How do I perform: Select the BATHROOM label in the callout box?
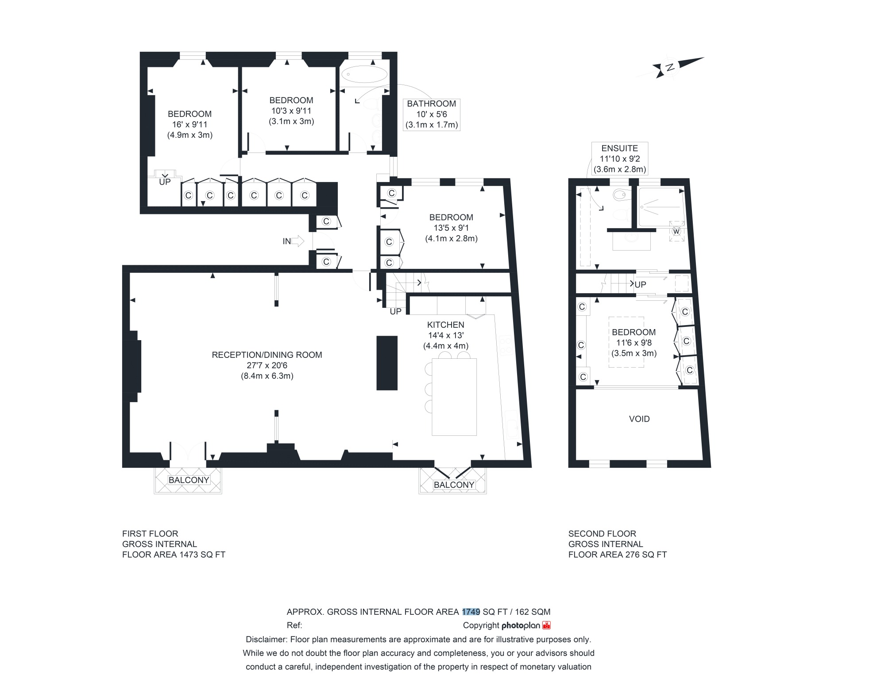(432, 104)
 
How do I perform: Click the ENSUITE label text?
(619, 148)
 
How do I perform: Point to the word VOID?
(639, 419)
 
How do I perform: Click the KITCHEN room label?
(446, 325)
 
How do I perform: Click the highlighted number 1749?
(471, 612)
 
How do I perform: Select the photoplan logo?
(526, 625)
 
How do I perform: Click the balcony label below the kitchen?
(454, 485)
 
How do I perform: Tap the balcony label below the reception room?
(189, 480)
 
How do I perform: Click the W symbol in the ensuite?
(676, 231)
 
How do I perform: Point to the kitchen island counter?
(454, 397)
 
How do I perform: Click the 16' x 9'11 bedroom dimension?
(190, 124)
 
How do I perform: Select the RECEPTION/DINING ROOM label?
(267, 355)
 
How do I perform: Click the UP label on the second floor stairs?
(640, 285)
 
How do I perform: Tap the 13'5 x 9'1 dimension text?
(451, 228)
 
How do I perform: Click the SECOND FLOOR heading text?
(602, 534)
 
